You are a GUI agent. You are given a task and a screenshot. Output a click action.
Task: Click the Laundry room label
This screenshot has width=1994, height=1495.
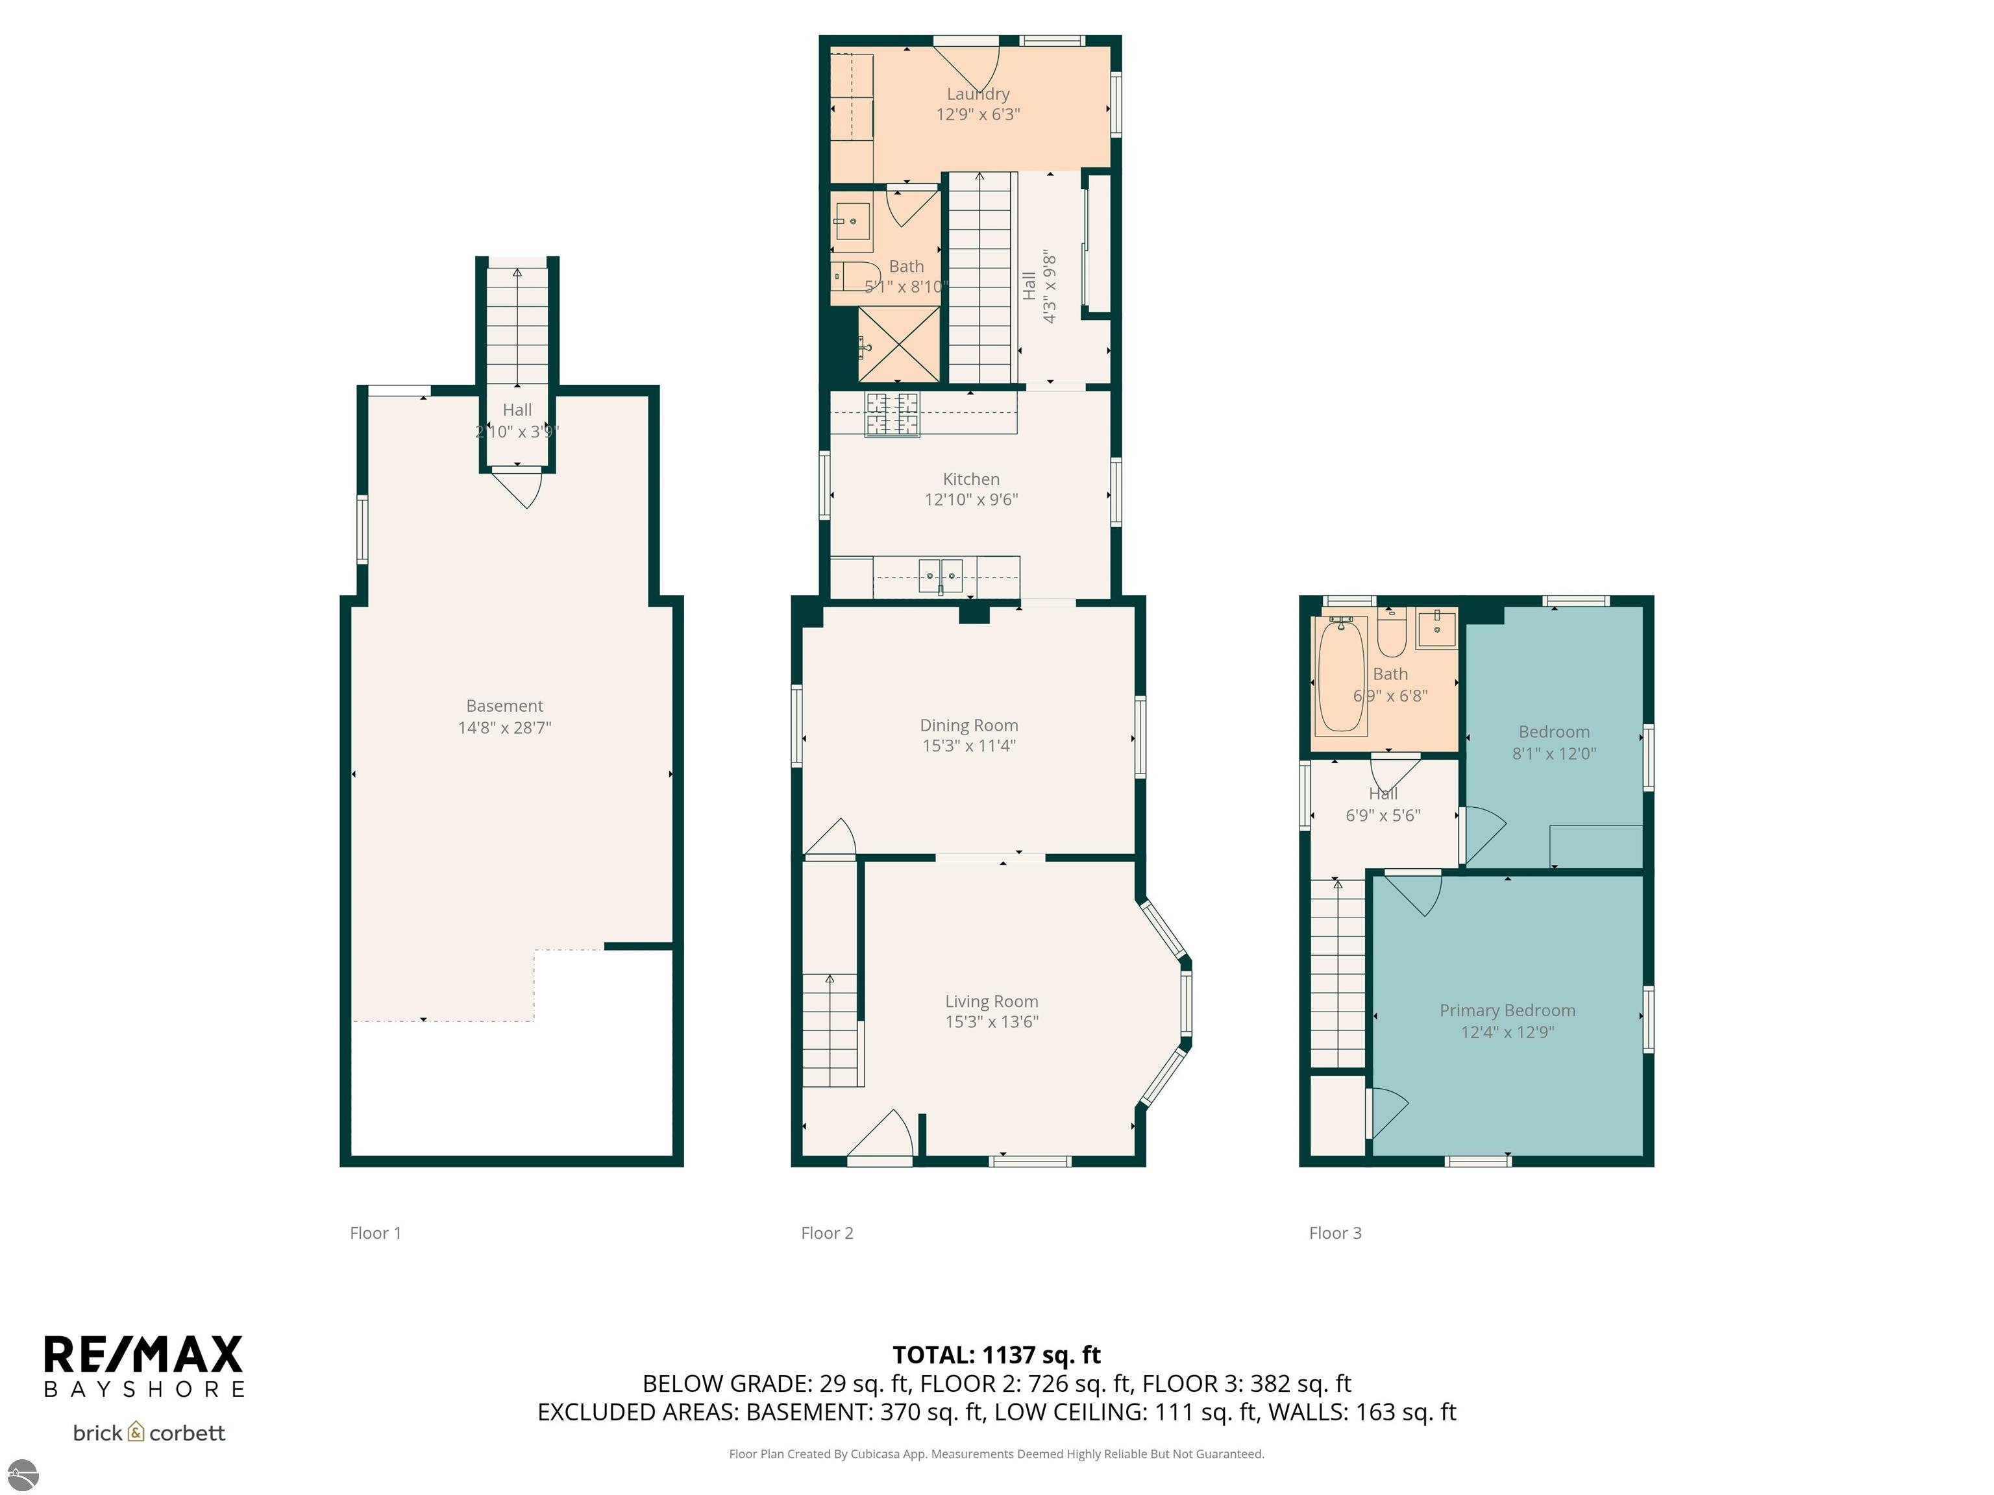click(978, 93)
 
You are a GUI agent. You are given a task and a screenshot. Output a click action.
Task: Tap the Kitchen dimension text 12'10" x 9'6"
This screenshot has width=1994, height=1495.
click(971, 499)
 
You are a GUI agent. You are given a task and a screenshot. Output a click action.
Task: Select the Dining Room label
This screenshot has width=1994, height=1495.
click(969, 725)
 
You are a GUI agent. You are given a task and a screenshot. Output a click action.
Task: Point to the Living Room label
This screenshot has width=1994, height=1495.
click(992, 1001)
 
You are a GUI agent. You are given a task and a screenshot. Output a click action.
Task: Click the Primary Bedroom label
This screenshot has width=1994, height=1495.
click(1507, 1011)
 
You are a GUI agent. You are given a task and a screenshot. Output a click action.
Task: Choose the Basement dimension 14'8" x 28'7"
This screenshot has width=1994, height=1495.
click(505, 727)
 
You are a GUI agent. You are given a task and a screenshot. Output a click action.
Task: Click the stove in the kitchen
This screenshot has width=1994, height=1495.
click(892, 415)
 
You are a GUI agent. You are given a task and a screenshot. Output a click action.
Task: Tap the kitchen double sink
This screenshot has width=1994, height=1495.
click(941, 576)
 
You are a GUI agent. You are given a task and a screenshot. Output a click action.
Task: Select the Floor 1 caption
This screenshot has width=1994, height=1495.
click(375, 1233)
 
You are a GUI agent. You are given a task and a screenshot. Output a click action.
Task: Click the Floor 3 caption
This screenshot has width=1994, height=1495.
click(1335, 1233)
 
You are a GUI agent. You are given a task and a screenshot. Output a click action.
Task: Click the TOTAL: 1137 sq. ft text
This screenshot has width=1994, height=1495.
click(996, 1354)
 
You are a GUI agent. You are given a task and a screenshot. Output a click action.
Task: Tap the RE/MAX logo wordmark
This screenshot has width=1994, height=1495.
click(144, 1354)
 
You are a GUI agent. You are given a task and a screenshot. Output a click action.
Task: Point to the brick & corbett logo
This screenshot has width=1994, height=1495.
click(149, 1433)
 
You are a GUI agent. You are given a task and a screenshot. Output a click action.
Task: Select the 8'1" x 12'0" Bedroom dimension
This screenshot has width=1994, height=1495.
click(1554, 753)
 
